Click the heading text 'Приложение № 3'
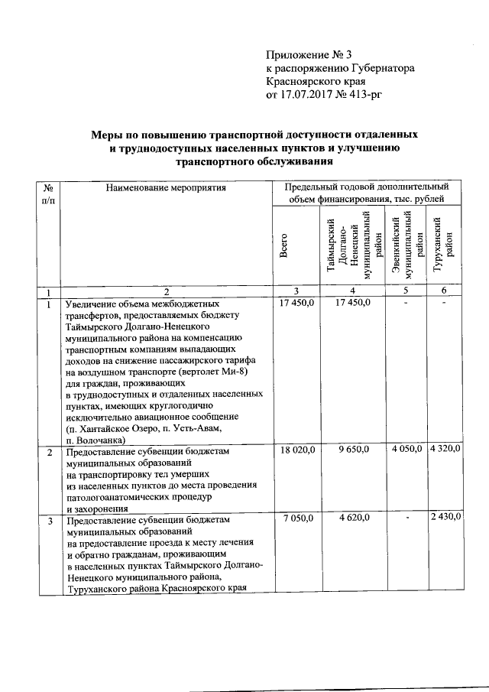click(x=308, y=54)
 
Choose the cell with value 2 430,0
click(x=445, y=518)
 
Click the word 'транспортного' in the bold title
click(x=219, y=162)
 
